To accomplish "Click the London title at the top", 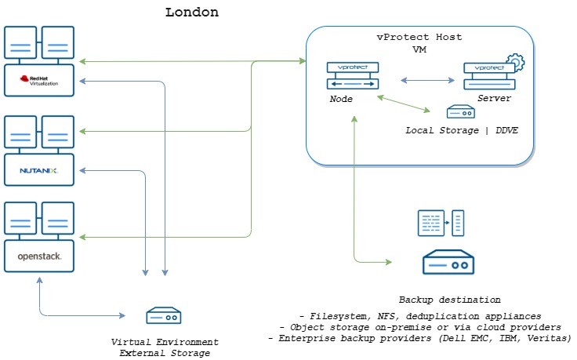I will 192,13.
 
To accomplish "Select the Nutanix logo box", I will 39,169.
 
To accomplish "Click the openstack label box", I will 39,256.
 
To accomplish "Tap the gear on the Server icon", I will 515,62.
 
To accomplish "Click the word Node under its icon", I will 341,100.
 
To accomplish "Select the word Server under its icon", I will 494,99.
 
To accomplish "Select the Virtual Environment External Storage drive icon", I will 165,316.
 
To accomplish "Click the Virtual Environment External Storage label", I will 165,347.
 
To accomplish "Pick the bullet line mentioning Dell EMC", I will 419,338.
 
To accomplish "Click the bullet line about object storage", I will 419,325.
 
